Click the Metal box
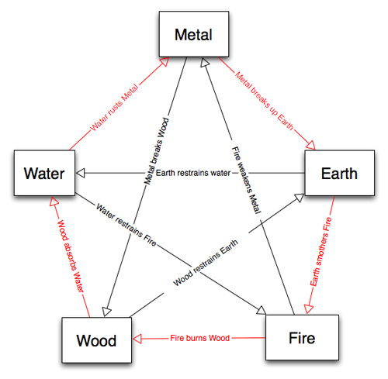(194, 34)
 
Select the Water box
(44, 173)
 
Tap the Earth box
(339, 173)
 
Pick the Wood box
(96, 340)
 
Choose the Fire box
(302, 337)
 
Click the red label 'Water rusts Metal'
(114, 108)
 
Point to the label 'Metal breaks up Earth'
(264, 101)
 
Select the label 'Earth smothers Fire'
(320, 251)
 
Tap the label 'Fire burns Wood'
(199, 338)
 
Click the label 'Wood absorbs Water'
(71, 257)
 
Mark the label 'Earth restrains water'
(193, 173)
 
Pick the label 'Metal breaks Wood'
(156, 151)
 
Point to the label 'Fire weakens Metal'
(245, 180)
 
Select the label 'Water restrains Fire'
(126, 225)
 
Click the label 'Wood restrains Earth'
(206, 263)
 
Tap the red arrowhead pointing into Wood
(137, 339)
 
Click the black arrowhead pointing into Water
(81, 173)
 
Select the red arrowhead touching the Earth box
(310, 145)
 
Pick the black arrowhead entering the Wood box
(106, 312)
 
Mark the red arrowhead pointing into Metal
(165, 62)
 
